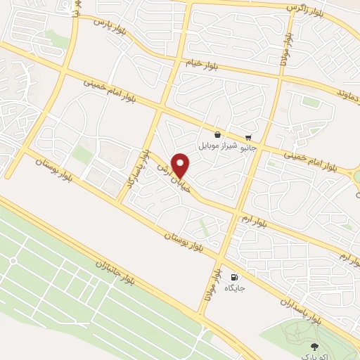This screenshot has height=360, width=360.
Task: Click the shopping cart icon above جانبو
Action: point(248,138)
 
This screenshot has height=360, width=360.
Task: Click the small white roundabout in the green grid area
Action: point(13,261)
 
